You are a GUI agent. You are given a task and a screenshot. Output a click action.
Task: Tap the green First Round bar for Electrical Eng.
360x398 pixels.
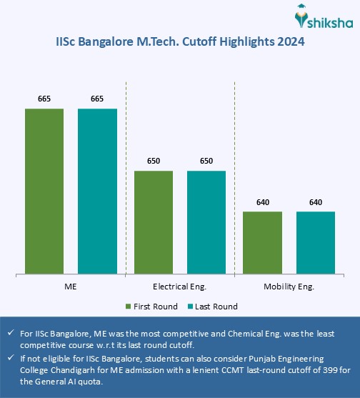pyautogui.click(x=153, y=222)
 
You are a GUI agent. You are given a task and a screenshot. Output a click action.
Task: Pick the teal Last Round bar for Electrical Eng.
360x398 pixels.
pyautogui.click(x=206, y=222)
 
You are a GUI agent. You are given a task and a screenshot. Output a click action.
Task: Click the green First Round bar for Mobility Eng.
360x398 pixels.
pyautogui.click(x=262, y=242)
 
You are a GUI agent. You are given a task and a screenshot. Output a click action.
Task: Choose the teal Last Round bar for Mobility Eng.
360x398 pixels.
pyautogui.click(x=315, y=242)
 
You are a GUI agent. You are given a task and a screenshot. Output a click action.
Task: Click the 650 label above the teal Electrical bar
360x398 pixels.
pyautogui.click(x=206, y=161)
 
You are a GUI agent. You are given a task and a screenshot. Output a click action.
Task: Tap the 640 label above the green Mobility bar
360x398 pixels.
pyautogui.click(x=262, y=202)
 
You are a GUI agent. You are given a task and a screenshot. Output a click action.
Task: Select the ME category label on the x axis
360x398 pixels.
pyautogui.click(x=71, y=286)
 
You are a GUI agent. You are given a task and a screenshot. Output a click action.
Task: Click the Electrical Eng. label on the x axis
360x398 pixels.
pyautogui.click(x=179, y=286)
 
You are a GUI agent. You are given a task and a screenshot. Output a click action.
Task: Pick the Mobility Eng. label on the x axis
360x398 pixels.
pyautogui.click(x=289, y=286)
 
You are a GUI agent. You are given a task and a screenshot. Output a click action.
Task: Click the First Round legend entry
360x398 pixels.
pyautogui.click(x=151, y=307)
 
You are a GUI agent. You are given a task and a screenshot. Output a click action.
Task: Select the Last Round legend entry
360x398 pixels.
pyautogui.click(x=212, y=307)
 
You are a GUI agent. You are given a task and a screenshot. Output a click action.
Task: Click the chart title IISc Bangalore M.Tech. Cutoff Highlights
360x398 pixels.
pyautogui.click(x=180, y=41)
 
